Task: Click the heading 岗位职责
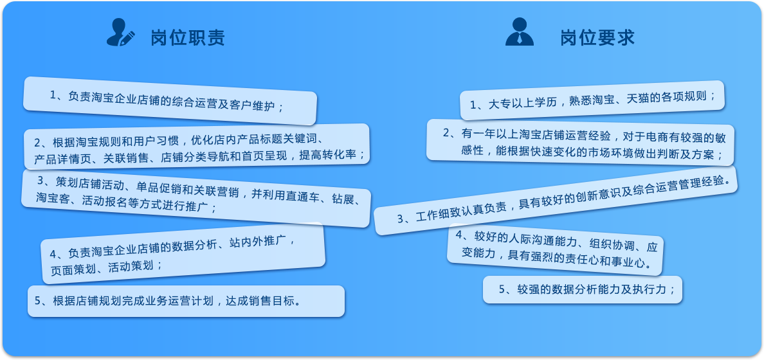(188, 37)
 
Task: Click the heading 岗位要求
(597, 37)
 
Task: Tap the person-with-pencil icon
(120, 33)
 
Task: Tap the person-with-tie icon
(520, 32)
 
